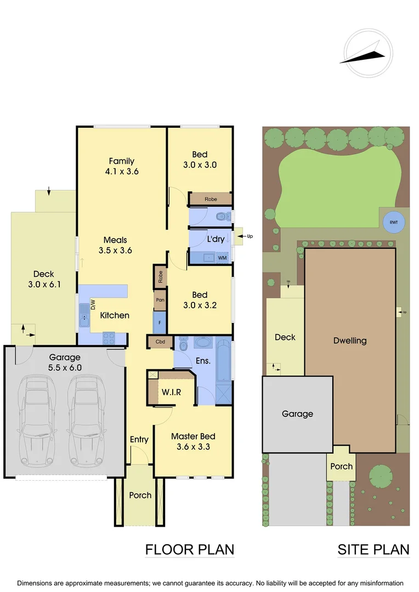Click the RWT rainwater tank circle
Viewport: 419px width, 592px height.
394,222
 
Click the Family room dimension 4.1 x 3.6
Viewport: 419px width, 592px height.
122,171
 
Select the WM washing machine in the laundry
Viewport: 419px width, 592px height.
222,258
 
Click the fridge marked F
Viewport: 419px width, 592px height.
160,323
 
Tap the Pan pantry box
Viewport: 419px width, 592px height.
160,300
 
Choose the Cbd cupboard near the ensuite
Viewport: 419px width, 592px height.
160,342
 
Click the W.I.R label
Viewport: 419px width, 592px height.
171,393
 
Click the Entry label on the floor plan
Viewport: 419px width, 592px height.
139,440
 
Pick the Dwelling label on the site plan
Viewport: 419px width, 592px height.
350,340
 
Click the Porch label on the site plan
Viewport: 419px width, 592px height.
341,466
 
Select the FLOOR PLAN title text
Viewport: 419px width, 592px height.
189,549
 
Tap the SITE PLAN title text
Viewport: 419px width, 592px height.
373,549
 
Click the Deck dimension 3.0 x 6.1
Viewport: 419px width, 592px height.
44,284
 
